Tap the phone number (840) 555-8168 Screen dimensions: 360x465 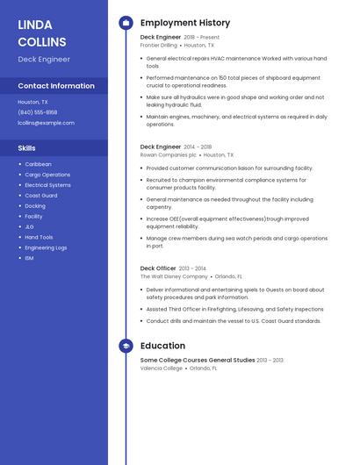[38, 112]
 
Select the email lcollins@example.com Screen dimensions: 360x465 [46, 123]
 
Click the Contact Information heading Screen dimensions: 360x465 [56, 86]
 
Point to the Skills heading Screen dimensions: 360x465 [27, 148]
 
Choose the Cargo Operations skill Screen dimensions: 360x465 [47, 175]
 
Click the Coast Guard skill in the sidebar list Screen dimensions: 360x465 [41, 196]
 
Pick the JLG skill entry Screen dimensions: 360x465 [29, 226]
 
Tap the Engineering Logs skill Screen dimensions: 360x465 [46, 247]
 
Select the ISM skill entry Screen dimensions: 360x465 [29, 258]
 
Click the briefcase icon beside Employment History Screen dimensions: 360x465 [126, 23]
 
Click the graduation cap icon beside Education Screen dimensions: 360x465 [126, 347]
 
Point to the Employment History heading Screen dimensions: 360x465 [185, 23]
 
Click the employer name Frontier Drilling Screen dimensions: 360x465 [159, 45]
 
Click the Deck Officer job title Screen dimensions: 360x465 [158, 268]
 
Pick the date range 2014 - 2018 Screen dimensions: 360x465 [198, 147]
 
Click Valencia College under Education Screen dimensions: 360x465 [162, 368]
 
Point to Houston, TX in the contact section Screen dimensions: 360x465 [33, 102]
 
